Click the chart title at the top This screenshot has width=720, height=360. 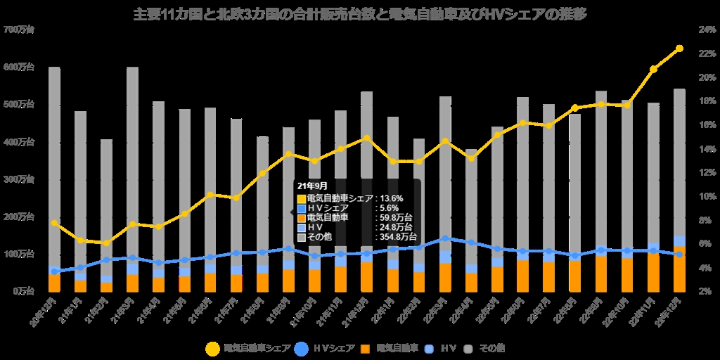pyautogui.click(x=360, y=13)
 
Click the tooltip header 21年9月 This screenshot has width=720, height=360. pyautogui.click(x=313, y=186)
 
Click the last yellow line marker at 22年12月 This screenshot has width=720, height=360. pyautogui.click(x=679, y=49)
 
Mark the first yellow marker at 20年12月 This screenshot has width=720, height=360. pyautogui.click(x=54, y=223)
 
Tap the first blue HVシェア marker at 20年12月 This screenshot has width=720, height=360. pyautogui.click(x=54, y=271)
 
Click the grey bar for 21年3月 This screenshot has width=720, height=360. pyautogui.click(x=132, y=162)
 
